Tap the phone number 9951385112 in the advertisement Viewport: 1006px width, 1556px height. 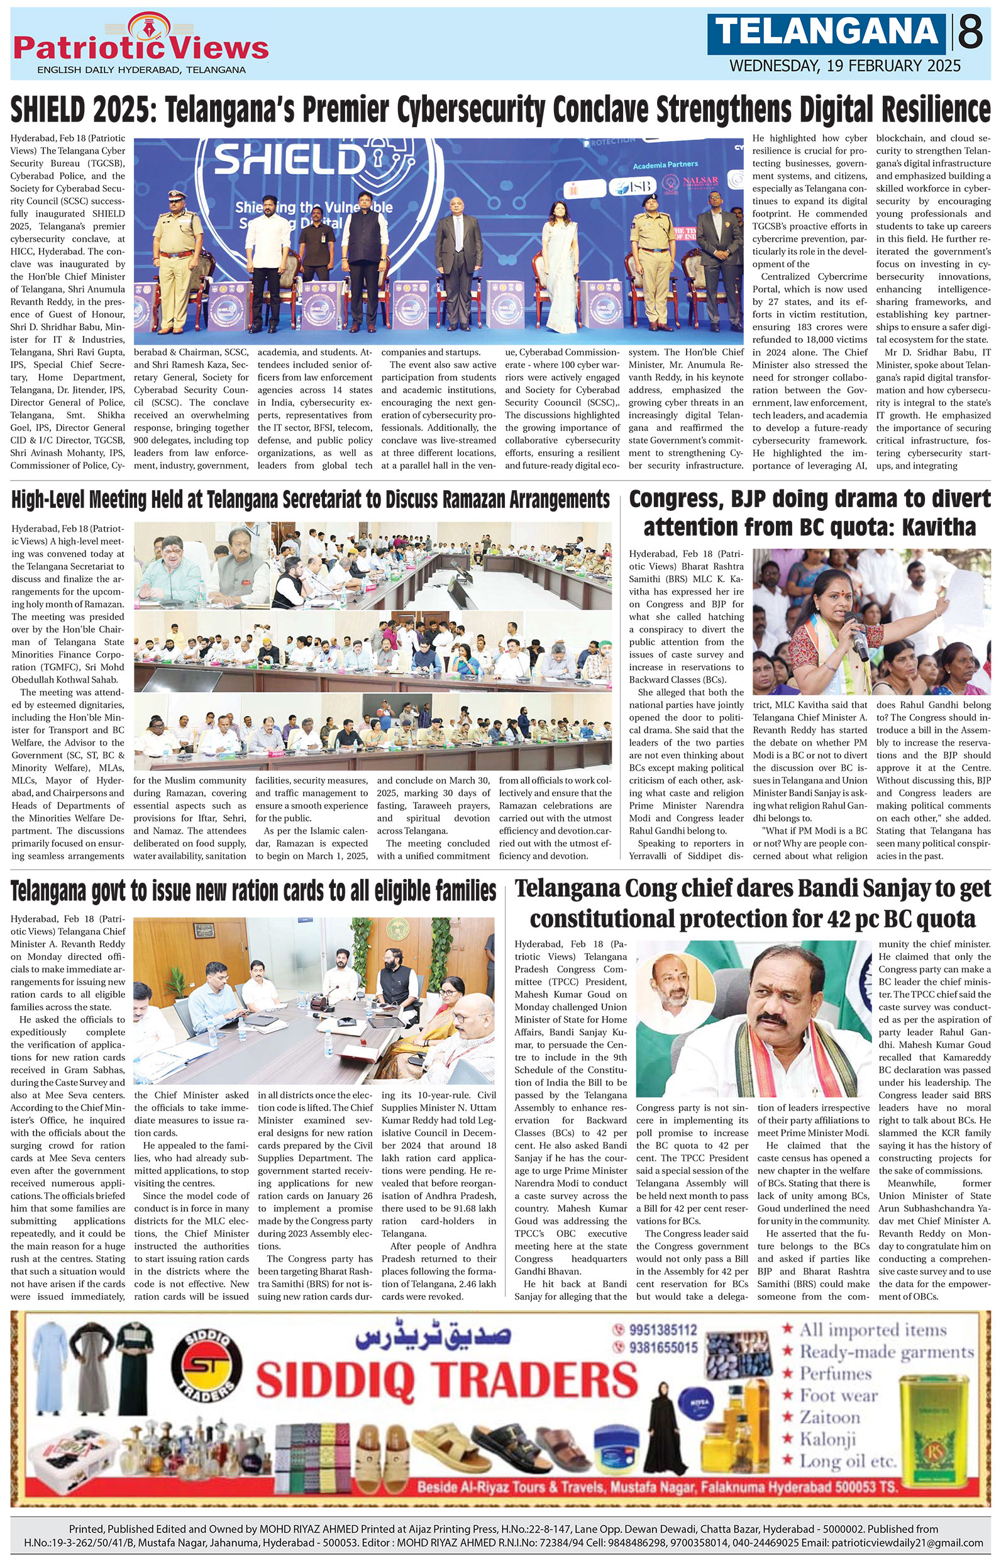point(663,1330)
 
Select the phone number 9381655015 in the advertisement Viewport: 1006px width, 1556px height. point(663,1348)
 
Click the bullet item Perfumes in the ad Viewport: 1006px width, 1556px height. point(836,1374)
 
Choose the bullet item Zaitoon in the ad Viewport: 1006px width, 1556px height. point(829,1418)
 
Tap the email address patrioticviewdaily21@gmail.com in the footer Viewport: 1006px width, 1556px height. point(907,1543)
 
